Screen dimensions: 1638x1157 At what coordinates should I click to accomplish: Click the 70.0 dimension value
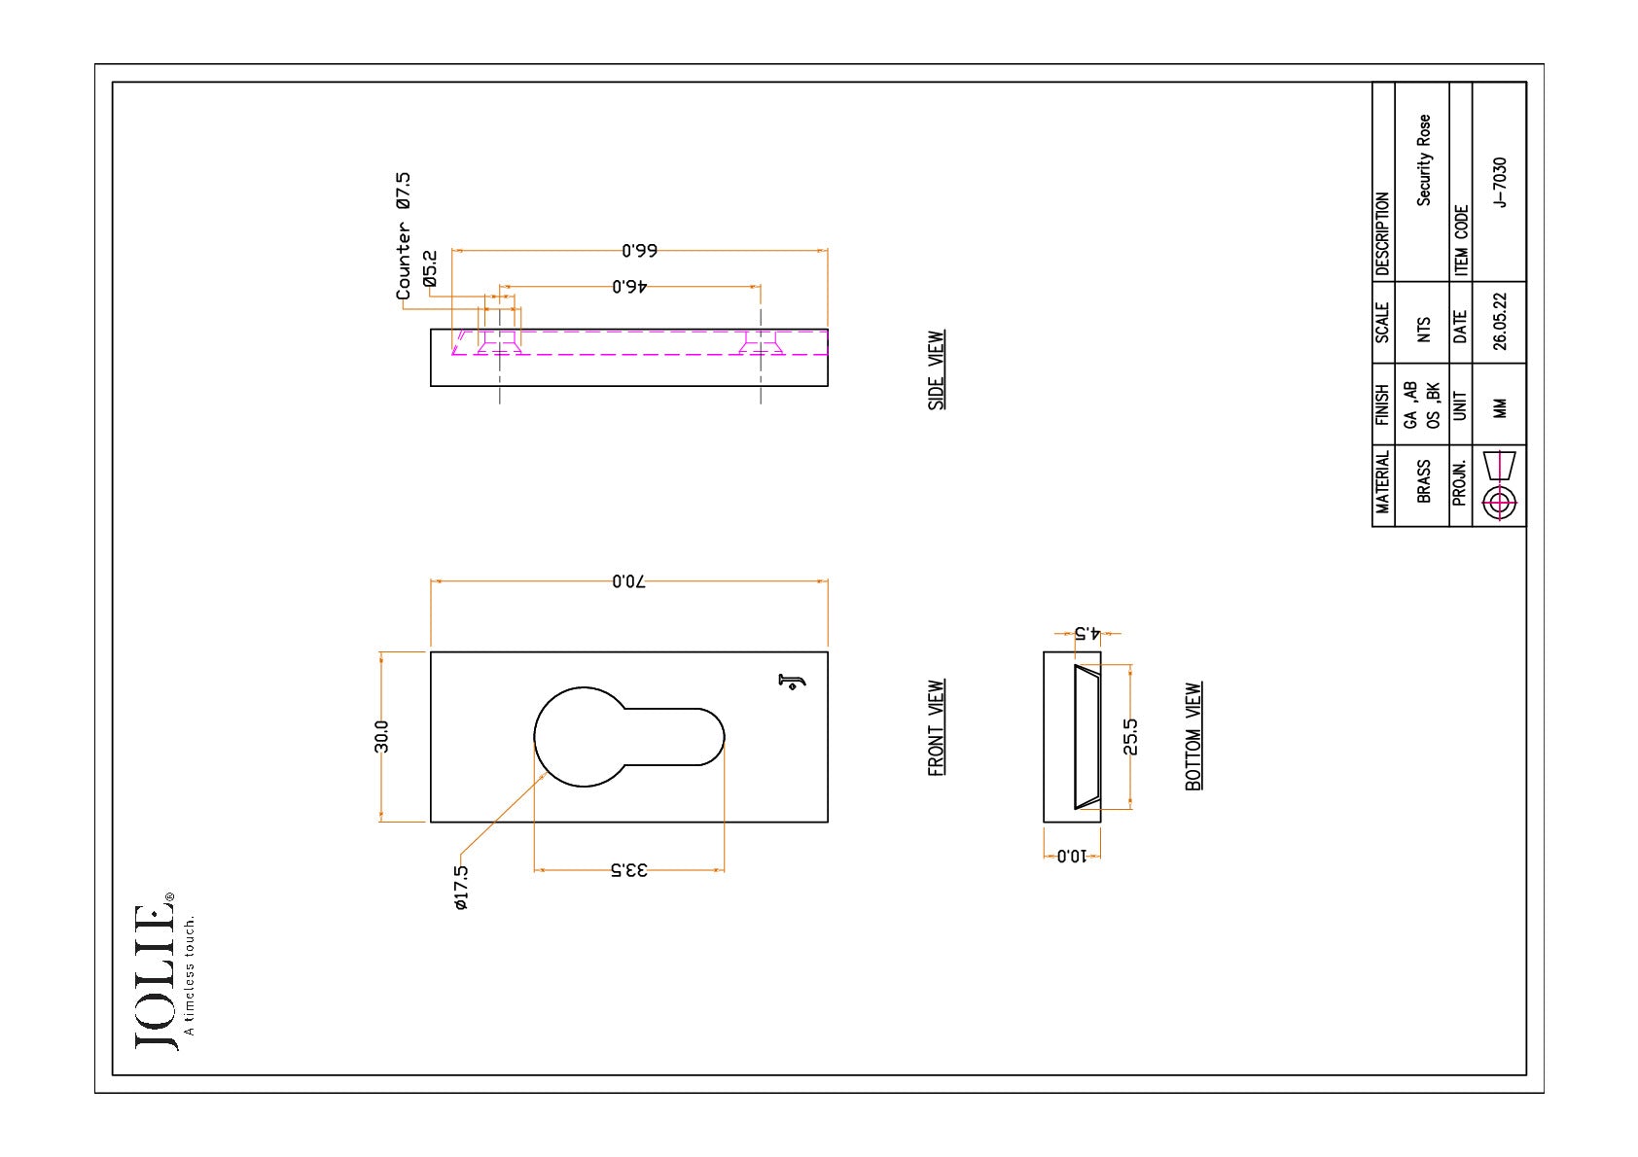629,581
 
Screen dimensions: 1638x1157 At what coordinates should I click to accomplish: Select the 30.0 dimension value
381,736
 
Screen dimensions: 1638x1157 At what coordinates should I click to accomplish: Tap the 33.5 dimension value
629,870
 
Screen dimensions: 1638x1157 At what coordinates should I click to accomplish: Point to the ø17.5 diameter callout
461,888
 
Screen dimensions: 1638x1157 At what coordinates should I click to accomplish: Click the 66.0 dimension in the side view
640,251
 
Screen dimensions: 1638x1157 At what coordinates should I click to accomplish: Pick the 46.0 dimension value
629,287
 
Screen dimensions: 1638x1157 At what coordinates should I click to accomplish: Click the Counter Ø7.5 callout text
403,236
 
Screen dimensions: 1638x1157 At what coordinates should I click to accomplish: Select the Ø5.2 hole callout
430,269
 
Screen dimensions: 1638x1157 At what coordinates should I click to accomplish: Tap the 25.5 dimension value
1130,737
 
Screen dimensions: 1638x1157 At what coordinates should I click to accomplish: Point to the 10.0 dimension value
1072,856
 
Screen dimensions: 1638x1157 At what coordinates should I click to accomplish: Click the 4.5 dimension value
1087,633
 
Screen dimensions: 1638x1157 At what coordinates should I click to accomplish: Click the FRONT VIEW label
936,728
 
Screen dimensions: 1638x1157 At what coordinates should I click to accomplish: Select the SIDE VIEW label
936,369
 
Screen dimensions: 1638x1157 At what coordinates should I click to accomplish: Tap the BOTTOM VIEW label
1193,737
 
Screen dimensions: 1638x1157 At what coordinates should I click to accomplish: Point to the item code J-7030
1499,182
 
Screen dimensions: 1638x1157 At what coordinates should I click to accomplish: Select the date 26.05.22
1499,322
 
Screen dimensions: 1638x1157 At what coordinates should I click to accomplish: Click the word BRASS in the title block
1423,481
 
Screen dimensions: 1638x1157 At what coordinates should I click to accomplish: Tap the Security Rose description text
1423,160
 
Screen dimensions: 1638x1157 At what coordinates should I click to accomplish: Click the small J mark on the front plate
791,682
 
